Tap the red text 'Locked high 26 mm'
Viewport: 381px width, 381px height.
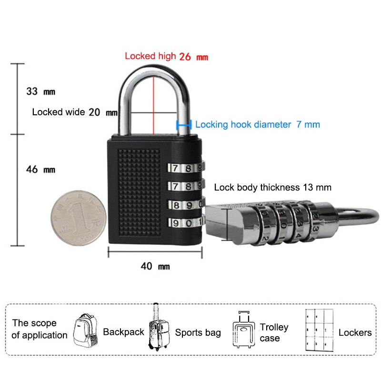coord(166,56)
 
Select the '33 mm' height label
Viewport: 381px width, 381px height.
coord(40,91)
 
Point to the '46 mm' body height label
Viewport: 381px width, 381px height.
coord(40,169)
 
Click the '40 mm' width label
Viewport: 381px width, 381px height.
coord(155,266)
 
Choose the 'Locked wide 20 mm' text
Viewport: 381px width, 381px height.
coord(74,112)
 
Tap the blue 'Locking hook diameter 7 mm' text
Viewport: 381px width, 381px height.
coord(257,125)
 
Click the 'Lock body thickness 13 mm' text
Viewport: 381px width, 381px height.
coord(272,187)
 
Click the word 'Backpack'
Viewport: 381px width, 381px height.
coord(123,332)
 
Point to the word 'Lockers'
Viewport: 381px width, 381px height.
coord(355,332)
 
